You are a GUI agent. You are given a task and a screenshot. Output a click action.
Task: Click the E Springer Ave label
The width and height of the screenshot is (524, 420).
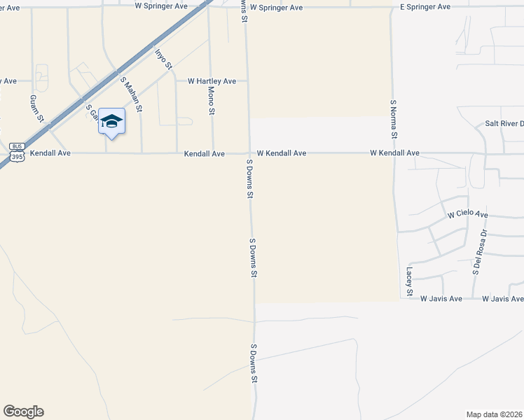pyautogui.click(x=425, y=6)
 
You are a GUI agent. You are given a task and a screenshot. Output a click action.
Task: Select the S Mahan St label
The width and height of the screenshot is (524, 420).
pyautogui.click(x=131, y=94)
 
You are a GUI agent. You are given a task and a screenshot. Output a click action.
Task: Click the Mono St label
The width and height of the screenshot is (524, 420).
pyautogui.click(x=212, y=101)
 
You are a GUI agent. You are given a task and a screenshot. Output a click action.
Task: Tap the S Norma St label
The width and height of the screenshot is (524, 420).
pyautogui.click(x=394, y=118)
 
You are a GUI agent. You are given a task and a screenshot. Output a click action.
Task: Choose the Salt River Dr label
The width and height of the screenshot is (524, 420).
pyautogui.click(x=504, y=124)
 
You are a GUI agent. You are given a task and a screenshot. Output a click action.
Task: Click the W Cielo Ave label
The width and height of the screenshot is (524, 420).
pyautogui.click(x=467, y=214)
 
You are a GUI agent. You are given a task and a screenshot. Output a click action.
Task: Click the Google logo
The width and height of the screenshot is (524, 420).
pyautogui.click(x=23, y=412)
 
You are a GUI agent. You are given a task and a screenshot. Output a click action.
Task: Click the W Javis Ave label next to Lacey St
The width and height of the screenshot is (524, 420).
pyautogui.click(x=441, y=299)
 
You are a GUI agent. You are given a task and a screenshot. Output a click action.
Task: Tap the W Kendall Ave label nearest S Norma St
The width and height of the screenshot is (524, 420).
pyautogui.click(x=394, y=153)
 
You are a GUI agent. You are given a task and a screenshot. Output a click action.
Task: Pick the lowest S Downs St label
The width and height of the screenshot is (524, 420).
pyautogui.click(x=252, y=363)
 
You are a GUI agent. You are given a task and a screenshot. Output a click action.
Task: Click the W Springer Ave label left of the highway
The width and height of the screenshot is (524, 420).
pyautogui.click(x=161, y=5)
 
